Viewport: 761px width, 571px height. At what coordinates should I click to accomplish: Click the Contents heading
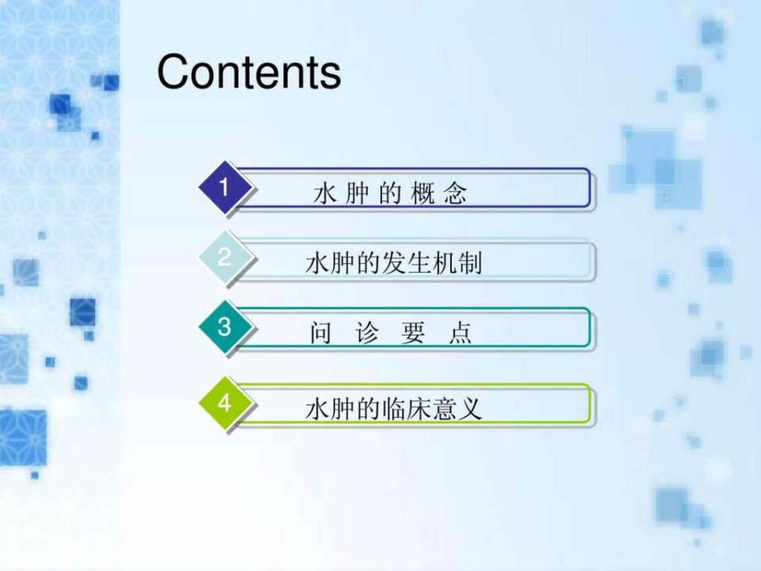pyautogui.click(x=249, y=72)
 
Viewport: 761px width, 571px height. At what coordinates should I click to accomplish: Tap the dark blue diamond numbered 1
pyautogui.click(x=224, y=187)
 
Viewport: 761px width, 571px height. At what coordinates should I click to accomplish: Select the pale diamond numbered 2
pyautogui.click(x=224, y=257)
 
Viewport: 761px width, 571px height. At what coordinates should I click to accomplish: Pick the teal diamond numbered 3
pyautogui.click(x=224, y=327)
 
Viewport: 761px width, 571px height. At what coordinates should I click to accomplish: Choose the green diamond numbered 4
pyautogui.click(x=224, y=403)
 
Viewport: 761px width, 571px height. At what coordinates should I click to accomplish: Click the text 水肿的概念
pyautogui.click(x=390, y=194)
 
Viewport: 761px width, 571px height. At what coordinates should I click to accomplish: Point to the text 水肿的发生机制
pyautogui.click(x=394, y=263)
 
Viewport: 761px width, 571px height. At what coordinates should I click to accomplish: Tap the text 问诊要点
pyautogui.click(x=391, y=333)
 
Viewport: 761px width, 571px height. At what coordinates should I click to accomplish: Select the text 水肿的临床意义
pyautogui.click(x=394, y=409)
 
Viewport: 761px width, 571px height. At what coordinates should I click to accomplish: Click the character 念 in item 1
pyautogui.click(x=455, y=194)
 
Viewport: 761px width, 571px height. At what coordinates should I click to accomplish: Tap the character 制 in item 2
pyautogui.click(x=470, y=263)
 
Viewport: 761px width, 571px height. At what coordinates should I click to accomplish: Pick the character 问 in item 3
pyautogui.click(x=321, y=333)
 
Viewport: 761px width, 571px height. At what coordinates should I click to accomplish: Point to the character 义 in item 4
pyautogui.click(x=470, y=409)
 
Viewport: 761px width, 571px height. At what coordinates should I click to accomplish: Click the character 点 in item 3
pyautogui.click(x=460, y=333)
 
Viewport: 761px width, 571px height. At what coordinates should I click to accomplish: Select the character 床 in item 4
pyautogui.click(x=419, y=409)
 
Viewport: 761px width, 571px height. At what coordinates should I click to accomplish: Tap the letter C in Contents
pyautogui.click(x=174, y=72)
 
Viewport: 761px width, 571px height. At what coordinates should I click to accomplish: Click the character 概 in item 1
pyautogui.click(x=423, y=194)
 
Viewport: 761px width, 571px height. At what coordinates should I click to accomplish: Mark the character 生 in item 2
pyautogui.click(x=419, y=263)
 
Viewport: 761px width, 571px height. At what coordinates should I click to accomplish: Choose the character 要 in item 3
pyautogui.click(x=414, y=333)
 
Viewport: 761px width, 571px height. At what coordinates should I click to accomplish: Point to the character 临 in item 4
pyautogui.click(x=394, y=409)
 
